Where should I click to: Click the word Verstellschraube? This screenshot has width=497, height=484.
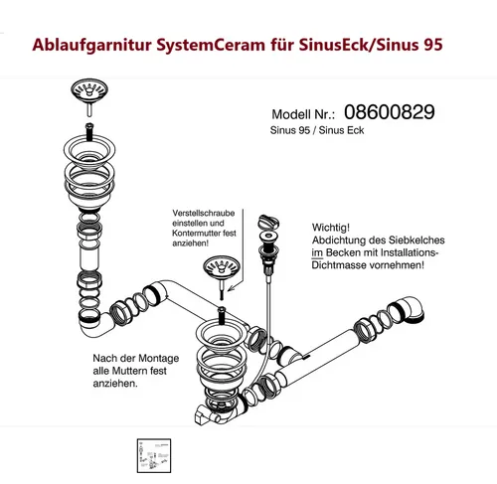[x=204, y=214]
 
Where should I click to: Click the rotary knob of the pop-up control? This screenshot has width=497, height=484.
[x=264, y=221]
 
